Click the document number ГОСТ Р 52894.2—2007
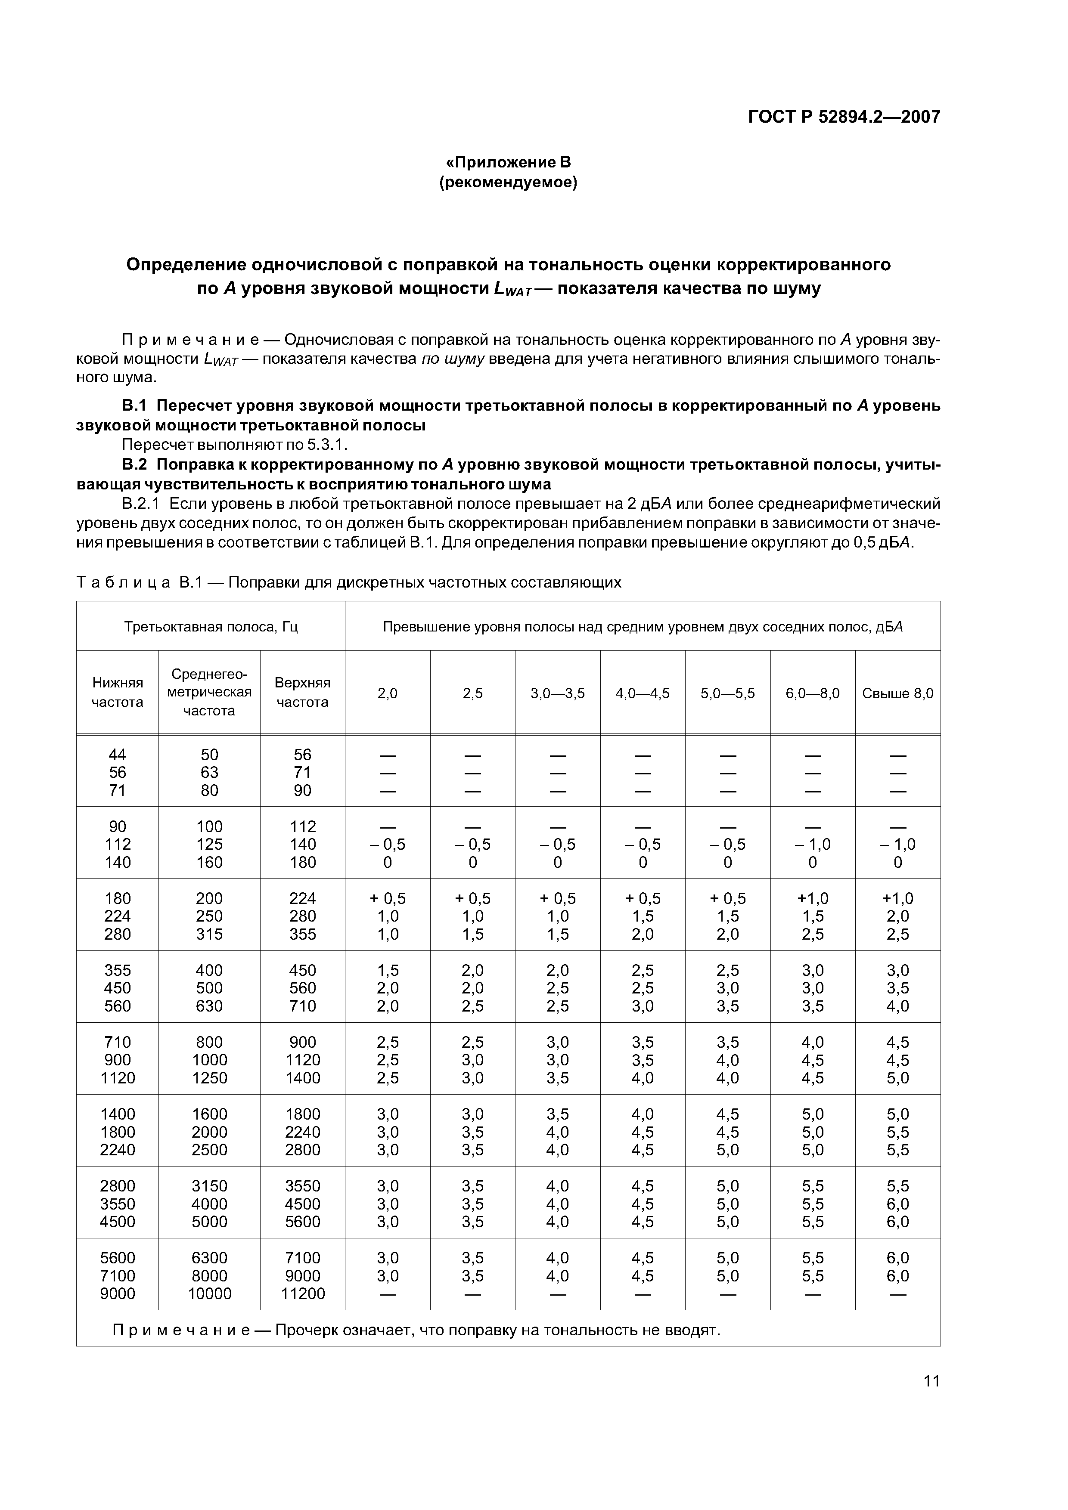[x=844, y=117]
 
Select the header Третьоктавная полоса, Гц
[x=211, y=627]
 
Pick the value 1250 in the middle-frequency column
[x=209, y=1078]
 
